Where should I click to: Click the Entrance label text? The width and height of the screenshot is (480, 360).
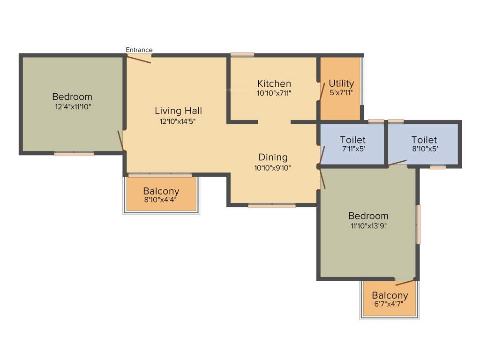pos(139,50)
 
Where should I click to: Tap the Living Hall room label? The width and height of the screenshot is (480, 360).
pos(179,111)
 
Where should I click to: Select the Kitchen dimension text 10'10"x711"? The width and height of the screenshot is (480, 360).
pos(274,93)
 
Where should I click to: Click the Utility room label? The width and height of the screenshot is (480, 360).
pos(341,84)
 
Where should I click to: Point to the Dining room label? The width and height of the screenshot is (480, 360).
pos(273,157)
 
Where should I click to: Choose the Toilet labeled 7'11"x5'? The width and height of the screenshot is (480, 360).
pos(352,140)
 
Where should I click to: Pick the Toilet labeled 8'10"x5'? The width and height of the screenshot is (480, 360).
pos(424,140)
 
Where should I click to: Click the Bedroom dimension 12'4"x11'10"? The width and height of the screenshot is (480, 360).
pos(72,106)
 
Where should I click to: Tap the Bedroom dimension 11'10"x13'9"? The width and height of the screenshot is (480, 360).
pos(368,225)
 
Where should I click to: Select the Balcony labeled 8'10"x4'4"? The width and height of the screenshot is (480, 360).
pos(161,191)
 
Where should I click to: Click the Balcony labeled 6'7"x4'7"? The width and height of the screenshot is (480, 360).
pos(390,296)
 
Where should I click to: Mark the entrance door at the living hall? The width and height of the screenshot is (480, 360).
pos(139,59)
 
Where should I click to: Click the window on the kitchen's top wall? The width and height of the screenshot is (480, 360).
pos(242,55)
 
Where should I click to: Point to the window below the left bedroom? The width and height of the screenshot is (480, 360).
pos(74,153)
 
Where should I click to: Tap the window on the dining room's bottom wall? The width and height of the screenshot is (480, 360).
pos(272,205)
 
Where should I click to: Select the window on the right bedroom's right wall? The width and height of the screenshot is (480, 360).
pos(419,224)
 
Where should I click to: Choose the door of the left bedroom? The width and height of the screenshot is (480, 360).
pos(121,141)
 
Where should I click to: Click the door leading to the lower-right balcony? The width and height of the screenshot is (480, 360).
pos(405,282)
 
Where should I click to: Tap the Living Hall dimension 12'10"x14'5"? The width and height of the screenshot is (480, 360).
pos(179,121)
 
